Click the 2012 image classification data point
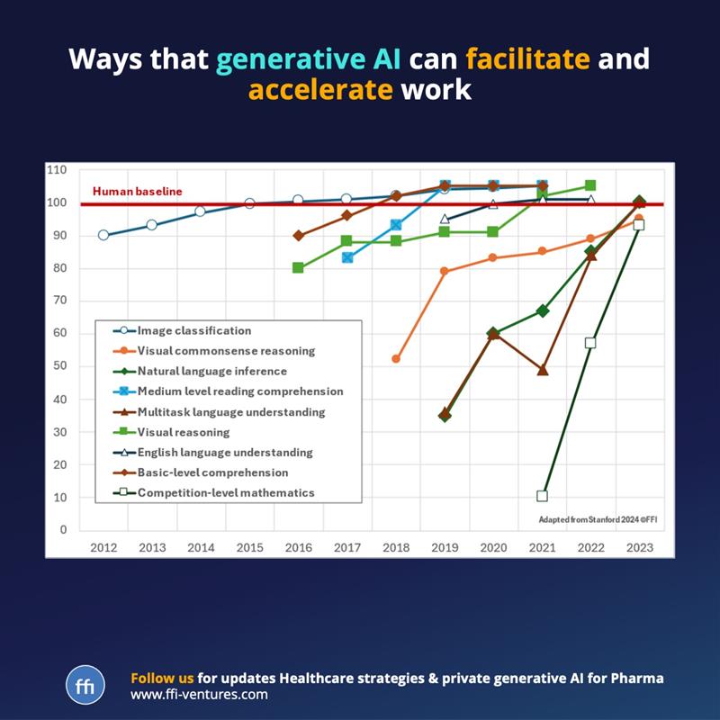click(x=103, y=235)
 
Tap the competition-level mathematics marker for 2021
click(x=542, y=496)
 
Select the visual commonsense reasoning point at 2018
click(x=396, y=359)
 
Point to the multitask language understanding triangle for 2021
click(x=542, y=370)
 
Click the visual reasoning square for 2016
click(x=298, y=267)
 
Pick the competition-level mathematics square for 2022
click(x=590, y=343)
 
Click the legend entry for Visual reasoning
click(x=184, y=432)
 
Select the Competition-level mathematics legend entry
click(x=226, y=492)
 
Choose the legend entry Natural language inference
click(x=212, y=371)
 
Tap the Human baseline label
click(x=137, y=191)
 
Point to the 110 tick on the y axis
click(x=57, y=169)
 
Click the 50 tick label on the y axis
click(x=59, y=366)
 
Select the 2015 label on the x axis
click(x=249, y=546)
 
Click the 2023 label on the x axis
click(x=639, y=546)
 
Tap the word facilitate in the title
click(x=527, y=59)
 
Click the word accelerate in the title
click(x=320, y=91)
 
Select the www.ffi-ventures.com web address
click(x=199, y=695)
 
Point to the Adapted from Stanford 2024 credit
click(x=594, y=519)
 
